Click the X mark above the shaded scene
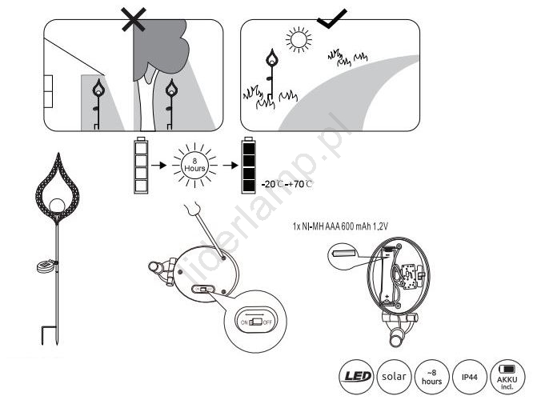pyautogui.click(x=134, y=19)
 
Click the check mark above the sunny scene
pyautogui.click(x=331, y=18)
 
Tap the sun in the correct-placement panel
pyautogui.click(x=299, y=40)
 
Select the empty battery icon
pyautogui.click(x=141, y=165)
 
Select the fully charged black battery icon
pyautogui.click(x=248, y=165)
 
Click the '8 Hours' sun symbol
pyautogui.click(x=194, y=165)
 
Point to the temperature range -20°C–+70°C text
pyautogui.click(x=287, y=184)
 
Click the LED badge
pyautogui.click(x=357, y=377)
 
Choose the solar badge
pyautogui.click(x=394, y=377)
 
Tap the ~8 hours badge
pyautogui.click(x=431, y=377)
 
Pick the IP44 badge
pyautogui.click(x=470, y=377)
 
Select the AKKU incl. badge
pyautogui.click(x=507, y=377)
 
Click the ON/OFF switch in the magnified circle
pyautogui.click(x=256, y=322)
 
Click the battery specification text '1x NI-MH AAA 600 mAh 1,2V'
pyautogui.click(x=340, y=226)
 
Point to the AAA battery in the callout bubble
pyautogui.click(x=343, y=254)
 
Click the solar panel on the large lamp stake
pyautogui.click(x=46, y=267)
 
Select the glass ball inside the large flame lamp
pyautogui.click(x=58, y=206)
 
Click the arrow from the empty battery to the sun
pyautogui.click(x=158, y=165)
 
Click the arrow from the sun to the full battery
pyautogui.click(x=230, y=165)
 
